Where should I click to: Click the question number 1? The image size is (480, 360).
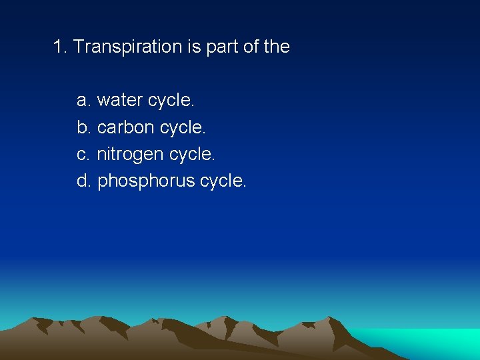pos(59,47)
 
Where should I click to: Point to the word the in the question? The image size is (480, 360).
pos(276,47)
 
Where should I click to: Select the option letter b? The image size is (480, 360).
pos(83,127)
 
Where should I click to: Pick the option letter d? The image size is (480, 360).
pos(83,181)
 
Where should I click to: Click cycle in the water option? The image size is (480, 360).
pos(171,101)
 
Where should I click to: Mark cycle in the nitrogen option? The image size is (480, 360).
pos(193,155)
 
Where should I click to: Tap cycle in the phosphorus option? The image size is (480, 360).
pos(223,181)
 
